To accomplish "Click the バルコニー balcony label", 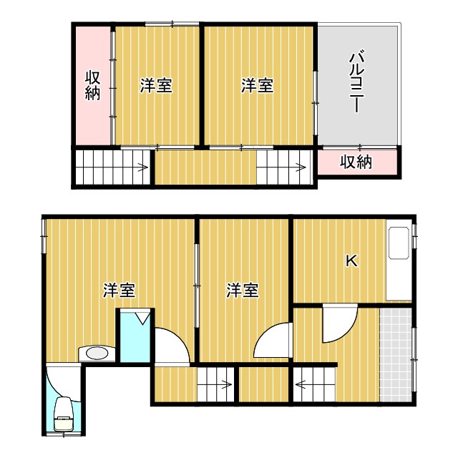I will [355, 82].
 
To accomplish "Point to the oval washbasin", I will [96, 353].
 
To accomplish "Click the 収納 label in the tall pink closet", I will [92, 86].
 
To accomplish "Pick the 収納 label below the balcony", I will [356, 162].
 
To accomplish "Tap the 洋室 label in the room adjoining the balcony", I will [256, 86].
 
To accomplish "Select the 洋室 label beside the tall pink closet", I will [155, 86].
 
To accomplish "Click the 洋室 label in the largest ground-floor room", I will [120, 291].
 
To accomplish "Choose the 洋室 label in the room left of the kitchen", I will [243, 291].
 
